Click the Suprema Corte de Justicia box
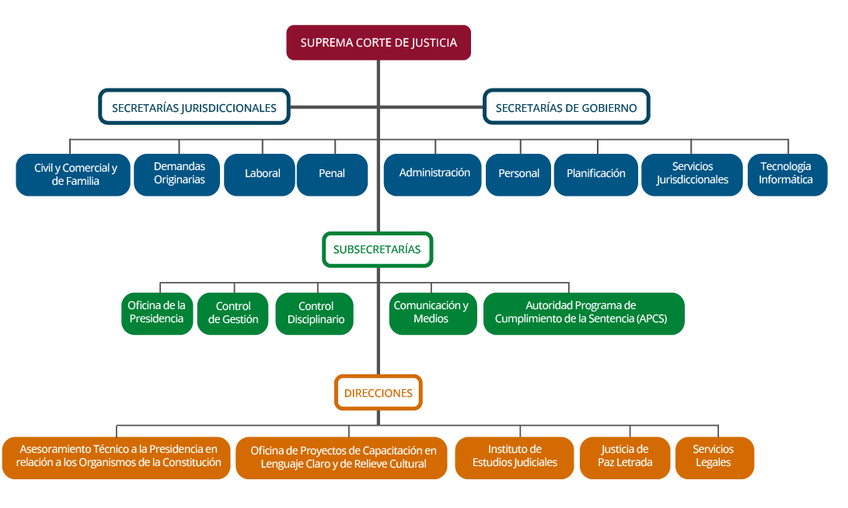[x=379, y=43]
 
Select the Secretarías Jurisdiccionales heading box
[x=194, y=108]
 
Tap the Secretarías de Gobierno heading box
[x=566, y=108]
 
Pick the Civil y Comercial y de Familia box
[x=73, y=175]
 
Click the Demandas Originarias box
[x=178, y=174]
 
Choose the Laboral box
[x=262, y=174]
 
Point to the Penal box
[x=332, y=174]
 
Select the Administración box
[x=434, y=174]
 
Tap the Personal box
[x=518, y=174]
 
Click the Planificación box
[x=595, y=174]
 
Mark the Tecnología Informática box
[x=787, y=174]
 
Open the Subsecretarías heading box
[x=377, y=250]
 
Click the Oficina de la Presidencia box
[x=157, y=313]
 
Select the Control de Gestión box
[x=232, y=314]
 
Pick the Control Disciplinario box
[x=316, y=314]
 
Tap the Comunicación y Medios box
[x=432, y=313]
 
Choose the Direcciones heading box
[x=378, y=393]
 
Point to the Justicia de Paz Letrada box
[x=624, y=457]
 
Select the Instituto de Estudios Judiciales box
[x=515, y=457]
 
